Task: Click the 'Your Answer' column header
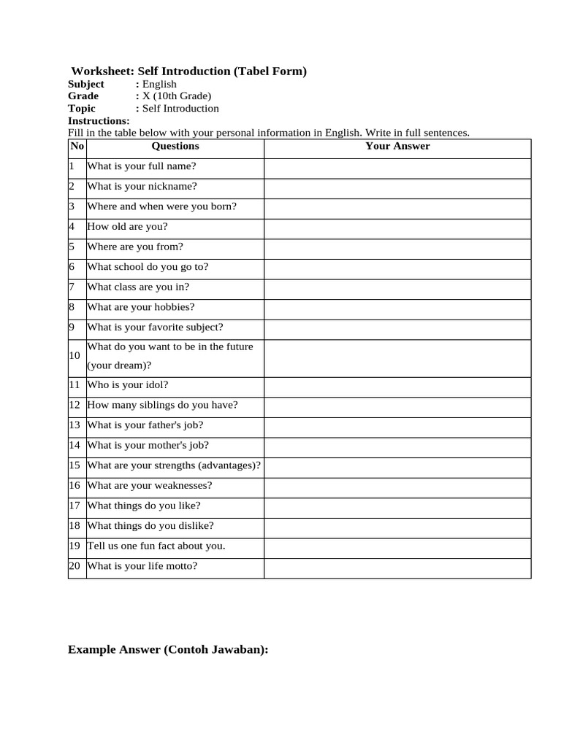tap(397, 146)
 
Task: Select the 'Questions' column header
tap(175, 146)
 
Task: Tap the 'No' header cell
tap(77, 146)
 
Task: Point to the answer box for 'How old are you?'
tap(397, 226)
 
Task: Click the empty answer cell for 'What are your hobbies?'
tap(397, 307)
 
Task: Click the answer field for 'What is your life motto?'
tap(397, 566)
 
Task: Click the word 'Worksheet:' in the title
tap(99, 71)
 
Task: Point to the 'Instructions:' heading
tap(99, 120)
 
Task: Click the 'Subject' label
tap(86, 84)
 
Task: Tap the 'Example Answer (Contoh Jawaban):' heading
tap(168, 649)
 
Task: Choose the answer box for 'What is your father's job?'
tap(397, 425)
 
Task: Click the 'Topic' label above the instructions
tap(82, 108)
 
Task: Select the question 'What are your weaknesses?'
tap(149, 485)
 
